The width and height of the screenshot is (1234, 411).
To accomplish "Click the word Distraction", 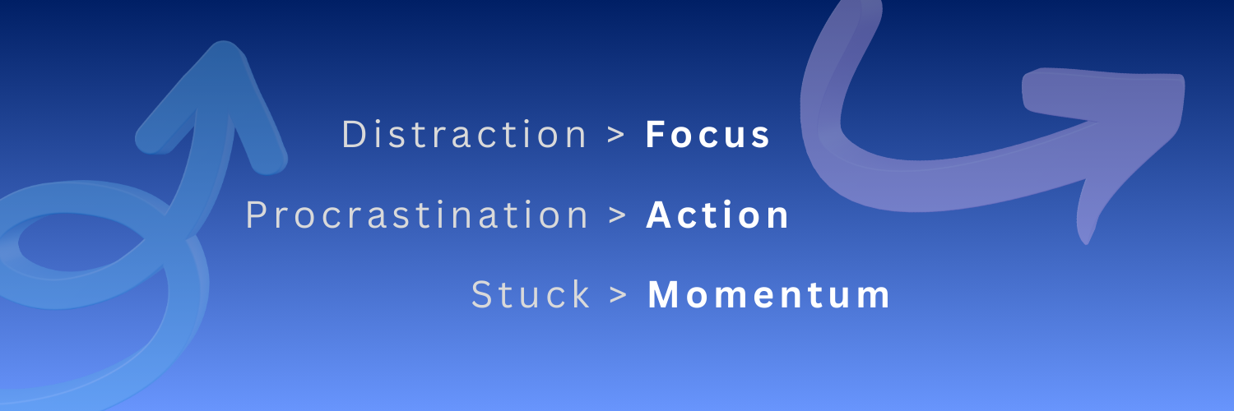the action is pyautogui.click(x=465, y=134).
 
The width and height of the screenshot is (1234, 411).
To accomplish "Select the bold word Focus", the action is pyautogui.click(x=707, y=134).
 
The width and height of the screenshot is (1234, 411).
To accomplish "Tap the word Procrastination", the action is pyautogui.click(x=417, y=215).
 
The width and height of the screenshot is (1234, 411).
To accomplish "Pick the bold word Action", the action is pyautogui.click(x=717, y=215).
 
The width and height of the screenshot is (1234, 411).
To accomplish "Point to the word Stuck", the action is pyautogui.click(x=531, y=294).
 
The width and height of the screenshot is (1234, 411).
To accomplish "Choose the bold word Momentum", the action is pyautogui.click(x=768, y=295).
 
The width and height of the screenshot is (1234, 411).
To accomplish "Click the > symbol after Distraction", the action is pyautogui.click(x=616, y=135).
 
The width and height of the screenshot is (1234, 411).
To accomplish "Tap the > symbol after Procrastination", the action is pyautogui.click(x=618, y=215).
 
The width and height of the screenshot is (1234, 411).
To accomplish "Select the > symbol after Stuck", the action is pyautogui.click(x=619, y=295).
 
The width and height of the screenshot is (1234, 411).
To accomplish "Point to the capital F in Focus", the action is pyautogui.click(x=656, y=134).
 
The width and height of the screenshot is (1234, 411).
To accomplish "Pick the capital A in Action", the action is pyautogui.click(x=660, y=215).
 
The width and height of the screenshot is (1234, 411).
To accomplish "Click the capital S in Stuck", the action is pyautogui.click(x=483, y=294).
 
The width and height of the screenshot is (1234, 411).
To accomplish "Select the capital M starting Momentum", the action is pyautogui.click(x=663, y=294).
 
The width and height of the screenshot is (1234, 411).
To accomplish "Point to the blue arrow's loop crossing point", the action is pyautogui.click(x=175, y=225).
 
